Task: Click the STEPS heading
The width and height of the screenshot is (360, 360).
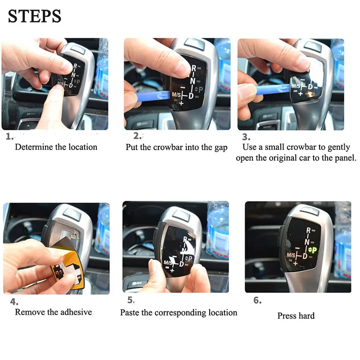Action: (35, 16)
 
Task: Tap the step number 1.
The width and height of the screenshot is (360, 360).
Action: (9, 137)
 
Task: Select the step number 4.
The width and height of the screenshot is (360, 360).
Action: (14, 301)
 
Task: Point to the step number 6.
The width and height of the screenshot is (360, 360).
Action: (257, 300)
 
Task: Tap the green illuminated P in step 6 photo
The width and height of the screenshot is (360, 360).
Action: (314, 250)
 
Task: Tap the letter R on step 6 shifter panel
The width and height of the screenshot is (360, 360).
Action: (308, 230)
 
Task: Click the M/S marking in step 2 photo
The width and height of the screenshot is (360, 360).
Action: (176, 94)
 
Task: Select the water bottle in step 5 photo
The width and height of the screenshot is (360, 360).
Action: (218, 229)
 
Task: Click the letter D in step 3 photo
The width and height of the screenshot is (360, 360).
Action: (310, 86)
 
